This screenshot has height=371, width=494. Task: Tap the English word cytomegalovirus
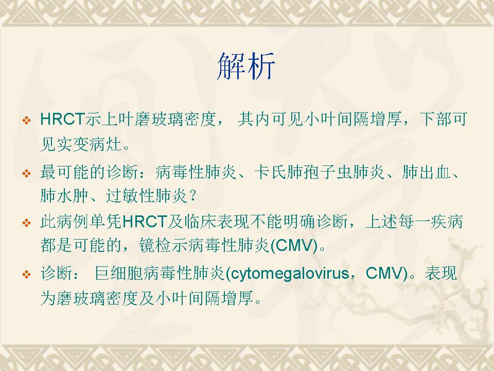[290, 273]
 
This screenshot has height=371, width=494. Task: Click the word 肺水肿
[64, 196]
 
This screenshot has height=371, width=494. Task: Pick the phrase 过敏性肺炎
[146, 196]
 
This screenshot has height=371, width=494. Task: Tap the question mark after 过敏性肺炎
[193, 196]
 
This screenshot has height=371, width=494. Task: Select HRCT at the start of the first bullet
[63, 120]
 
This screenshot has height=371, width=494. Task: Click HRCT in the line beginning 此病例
[144, 222]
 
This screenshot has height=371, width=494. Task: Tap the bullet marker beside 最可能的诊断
[27, 173]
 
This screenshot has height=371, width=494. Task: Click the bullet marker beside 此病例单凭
[27, 223]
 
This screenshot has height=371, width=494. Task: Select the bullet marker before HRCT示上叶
[27, 120]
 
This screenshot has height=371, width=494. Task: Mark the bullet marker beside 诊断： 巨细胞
[27, 274]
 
